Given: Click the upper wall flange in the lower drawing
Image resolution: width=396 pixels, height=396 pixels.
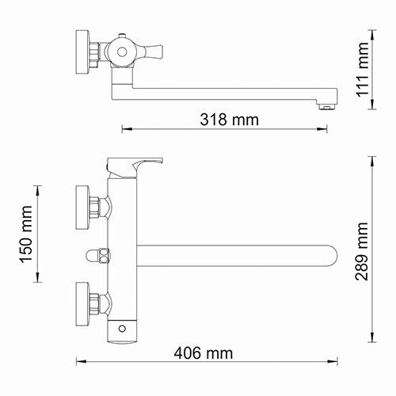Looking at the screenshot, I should click(82, 203).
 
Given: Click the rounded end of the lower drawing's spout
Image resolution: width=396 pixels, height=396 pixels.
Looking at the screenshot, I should click(333, 257).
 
